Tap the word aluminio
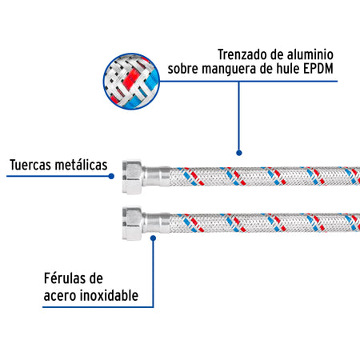pyautogui.click(x=310, y=54)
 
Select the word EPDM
pyautogui.click(x=318, y=69)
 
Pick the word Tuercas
pyautogui.click(x=30, y=165)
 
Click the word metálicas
pyautogui.click(x=81, y=165)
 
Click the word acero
pyautogui.click(x=60, y=296)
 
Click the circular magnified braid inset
pyautogui.click(x=131, y=81)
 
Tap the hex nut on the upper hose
pyautogui.click(x=132, y=177)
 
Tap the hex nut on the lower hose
pyautogui.click(x=132, y=223)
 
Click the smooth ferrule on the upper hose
pyautogui.click(x=157, y=176)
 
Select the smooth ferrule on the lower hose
pyautogui.click(x=157, y=223)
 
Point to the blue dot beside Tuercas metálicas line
pyautogui.click(x=111, y=176)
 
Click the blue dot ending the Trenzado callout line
pyautogui.click(x=239, y=153)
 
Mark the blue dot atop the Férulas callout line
pyautogui.click(x=153, y=238)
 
